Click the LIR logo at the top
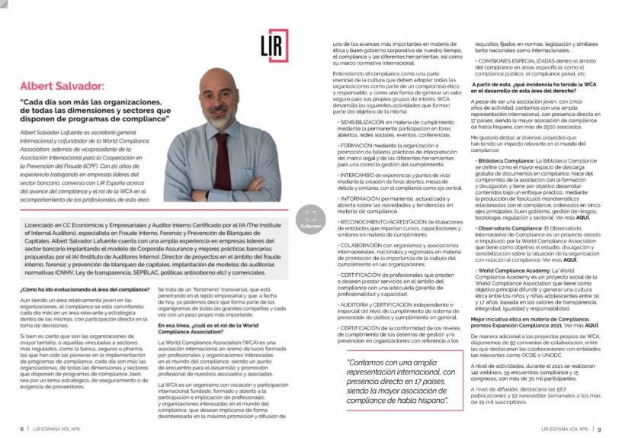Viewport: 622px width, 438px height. [x=274, y=47]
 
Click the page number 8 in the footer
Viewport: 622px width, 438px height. [x=22, y=429]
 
